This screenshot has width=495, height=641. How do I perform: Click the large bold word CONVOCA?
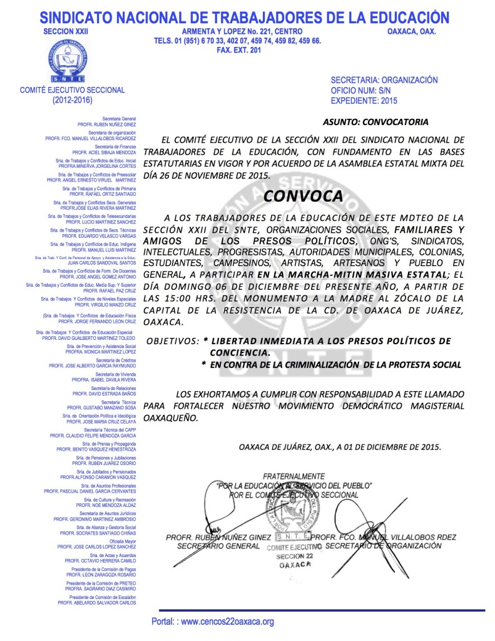tap(303, 195)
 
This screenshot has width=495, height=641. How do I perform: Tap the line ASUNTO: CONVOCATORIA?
tap(375, 121)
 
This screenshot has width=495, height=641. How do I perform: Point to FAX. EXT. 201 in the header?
tap(238, 50)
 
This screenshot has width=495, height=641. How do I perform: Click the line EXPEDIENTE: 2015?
tap(364, 100)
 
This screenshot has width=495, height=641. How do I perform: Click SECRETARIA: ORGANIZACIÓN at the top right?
tap(384, 80)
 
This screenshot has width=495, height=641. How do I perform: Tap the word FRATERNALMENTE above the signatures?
tap(293, 476)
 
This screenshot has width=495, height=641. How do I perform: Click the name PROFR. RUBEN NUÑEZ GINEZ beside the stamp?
tap(218, 537)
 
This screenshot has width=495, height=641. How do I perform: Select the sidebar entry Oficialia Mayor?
tap(123, 541)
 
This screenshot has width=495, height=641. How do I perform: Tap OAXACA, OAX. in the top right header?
tap(411, 31)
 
